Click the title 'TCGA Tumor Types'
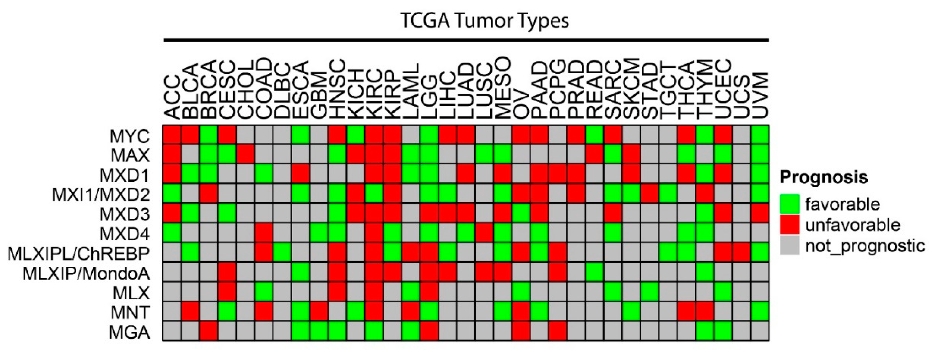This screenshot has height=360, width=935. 485,21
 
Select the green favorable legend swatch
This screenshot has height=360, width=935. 789,204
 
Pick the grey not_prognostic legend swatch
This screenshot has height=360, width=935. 789,246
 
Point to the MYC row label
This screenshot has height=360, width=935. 130,137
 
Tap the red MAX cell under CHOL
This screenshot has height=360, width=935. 245,154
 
